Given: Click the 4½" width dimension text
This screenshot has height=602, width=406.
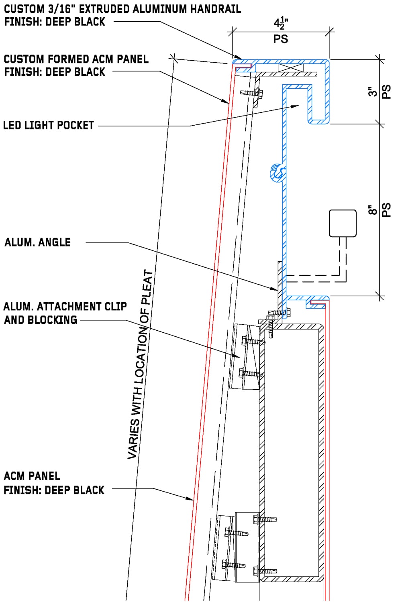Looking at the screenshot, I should (281, 24).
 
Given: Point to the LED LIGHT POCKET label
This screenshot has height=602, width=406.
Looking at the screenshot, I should (48, 126).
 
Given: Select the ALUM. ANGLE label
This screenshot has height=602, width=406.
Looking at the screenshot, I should (38, 242).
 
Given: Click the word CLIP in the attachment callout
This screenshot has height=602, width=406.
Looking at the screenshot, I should (116, 307).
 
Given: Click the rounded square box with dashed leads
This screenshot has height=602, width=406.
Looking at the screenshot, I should (343, 223).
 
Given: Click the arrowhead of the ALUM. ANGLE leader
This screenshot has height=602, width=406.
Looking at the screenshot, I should (275, 288).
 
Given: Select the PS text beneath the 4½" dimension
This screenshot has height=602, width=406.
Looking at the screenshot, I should (281, 39).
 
